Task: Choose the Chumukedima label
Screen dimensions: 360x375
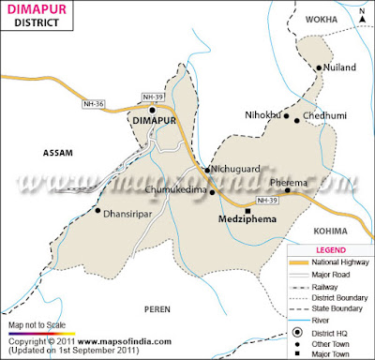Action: [x=178, y=190]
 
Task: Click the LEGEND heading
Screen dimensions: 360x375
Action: [x=329, y=250]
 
